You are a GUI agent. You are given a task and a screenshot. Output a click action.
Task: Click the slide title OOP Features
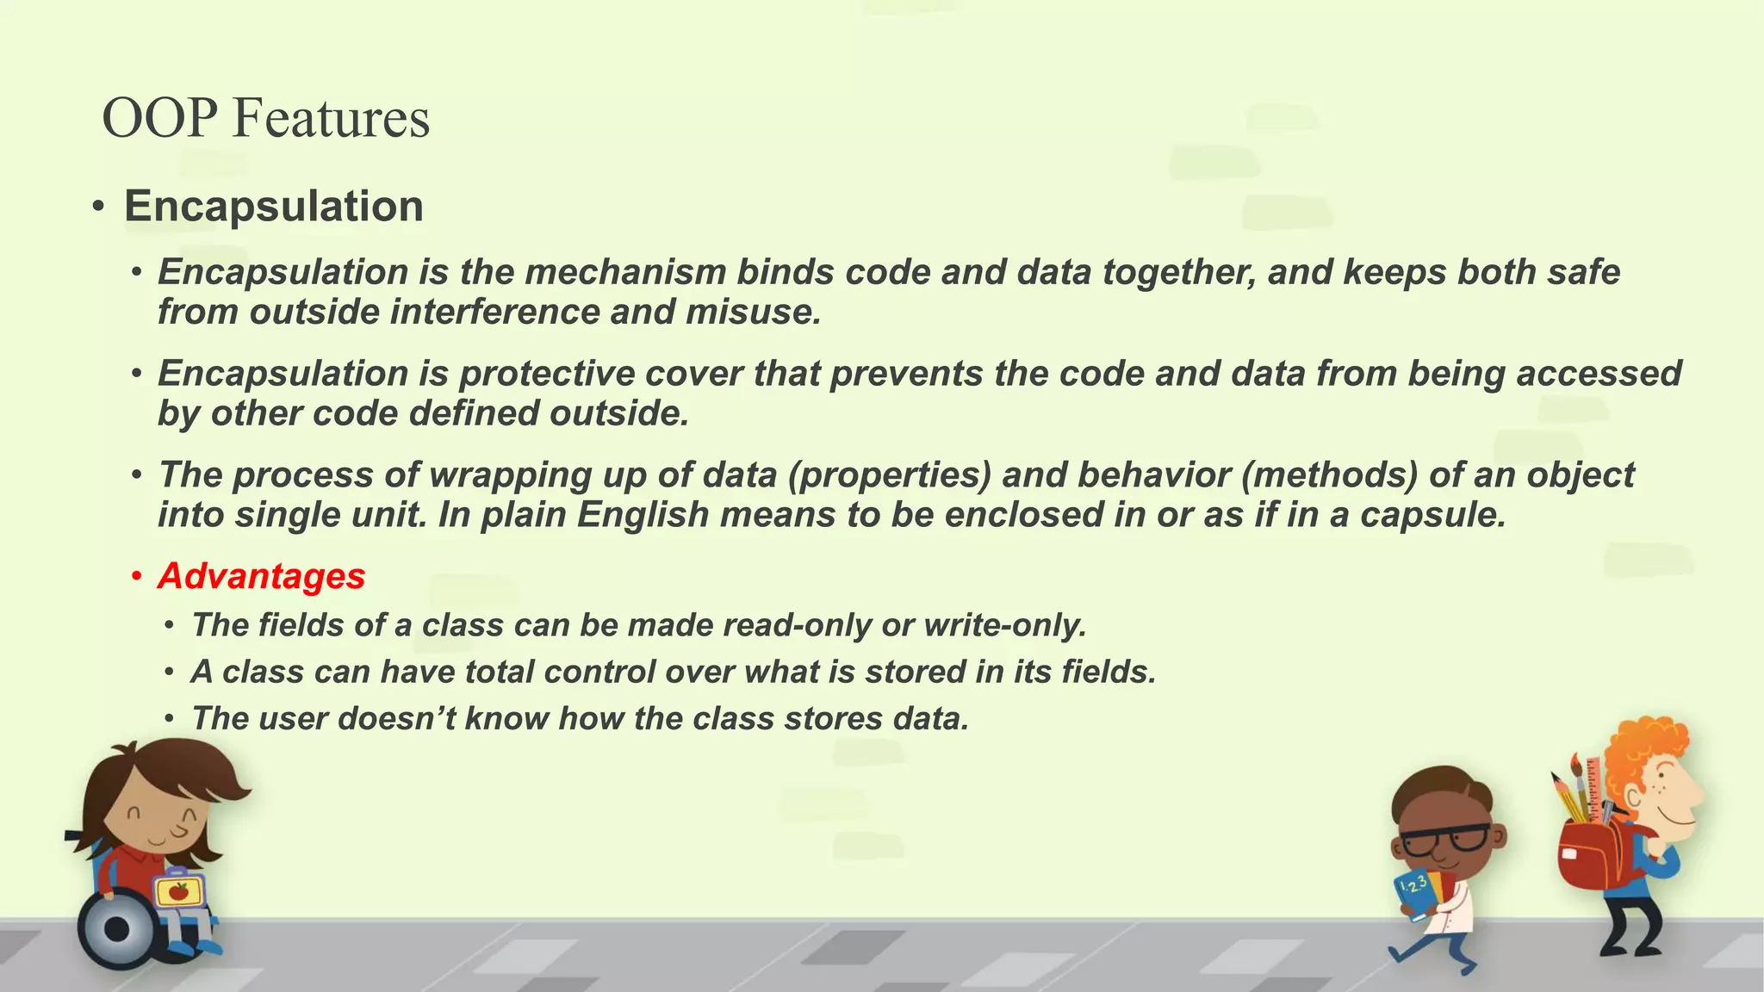coord(265,118)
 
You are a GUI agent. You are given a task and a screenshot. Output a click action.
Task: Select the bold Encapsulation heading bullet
coord(273,207)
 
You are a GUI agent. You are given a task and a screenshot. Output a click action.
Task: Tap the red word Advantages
coord(262,576)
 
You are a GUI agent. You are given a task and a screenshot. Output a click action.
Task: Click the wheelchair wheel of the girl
coord(116,929)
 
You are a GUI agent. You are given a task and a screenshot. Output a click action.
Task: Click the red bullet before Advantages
coord(136,576)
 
